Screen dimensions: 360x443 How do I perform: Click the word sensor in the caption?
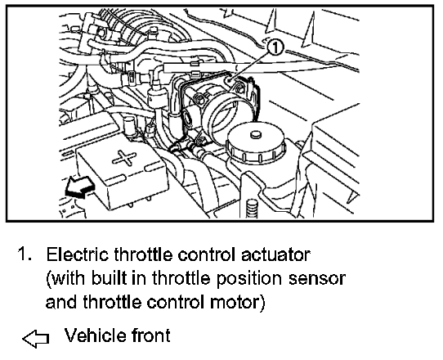[x=322, y=278]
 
